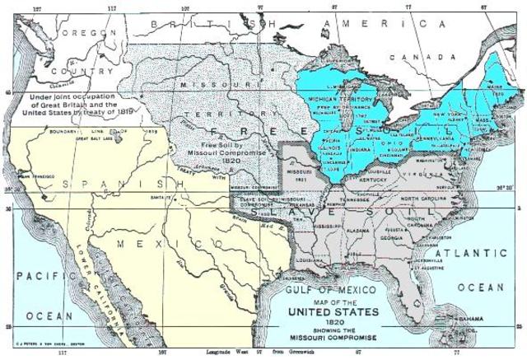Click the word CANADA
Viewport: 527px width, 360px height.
tap(436, 57)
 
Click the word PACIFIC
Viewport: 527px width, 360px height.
tap(30, 275)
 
